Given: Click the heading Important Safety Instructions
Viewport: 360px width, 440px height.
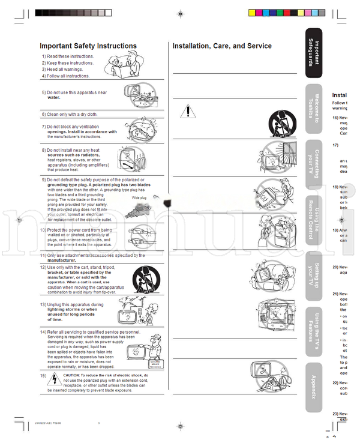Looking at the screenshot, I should point(88,46).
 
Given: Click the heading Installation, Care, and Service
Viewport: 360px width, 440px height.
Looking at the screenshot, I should point(222,46).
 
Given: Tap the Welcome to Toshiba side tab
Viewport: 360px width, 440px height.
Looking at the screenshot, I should point(314,107).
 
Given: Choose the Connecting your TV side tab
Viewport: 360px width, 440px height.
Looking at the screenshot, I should point(314,163).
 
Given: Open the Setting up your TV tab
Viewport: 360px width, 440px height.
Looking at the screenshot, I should point(314,273).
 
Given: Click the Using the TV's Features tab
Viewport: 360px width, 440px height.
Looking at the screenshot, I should point(314,328).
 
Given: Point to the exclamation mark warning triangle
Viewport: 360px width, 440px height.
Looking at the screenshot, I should point(188,111).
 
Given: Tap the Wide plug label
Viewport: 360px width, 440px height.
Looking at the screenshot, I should point(139,197).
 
